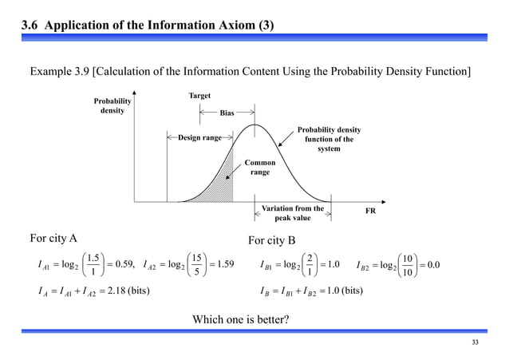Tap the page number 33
(x=476, y=343)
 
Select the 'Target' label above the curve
(x=199, y=96)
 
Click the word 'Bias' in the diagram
(x=228, y=113)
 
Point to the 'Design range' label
(x=199, y=138)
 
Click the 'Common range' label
(x=260, y=168)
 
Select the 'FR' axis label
(x=370, y=213)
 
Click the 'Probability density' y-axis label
(x=112, y=106)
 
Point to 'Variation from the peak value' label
(x=293, y=213)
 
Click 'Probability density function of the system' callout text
(x=329, y=140)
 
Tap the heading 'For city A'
(x=53, y=238)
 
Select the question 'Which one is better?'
(x=242, y=320)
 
